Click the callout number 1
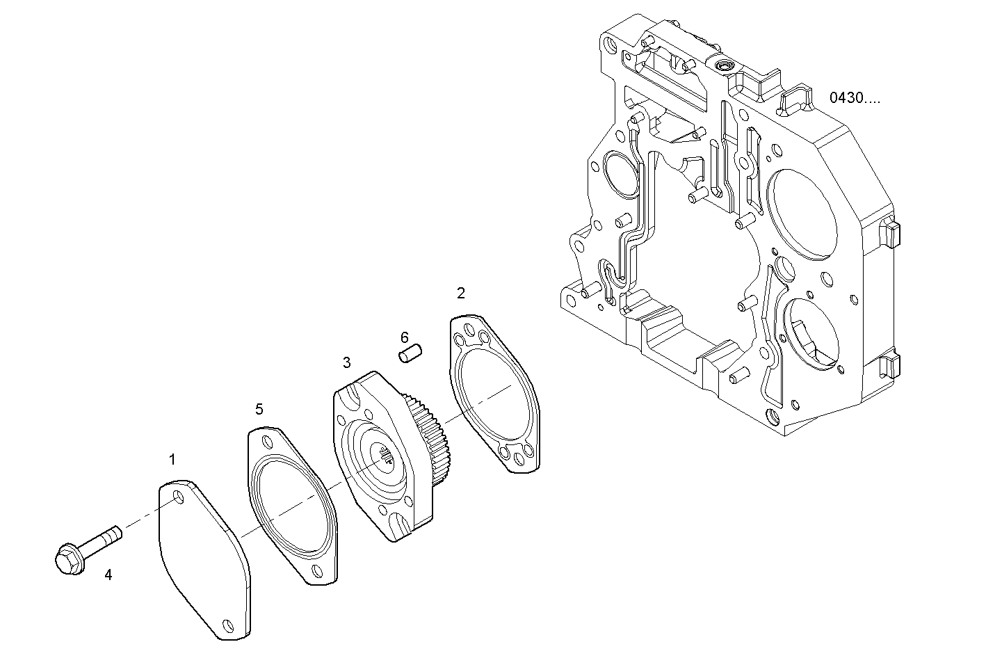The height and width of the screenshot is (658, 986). [172, 459]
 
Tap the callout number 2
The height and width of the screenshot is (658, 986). [460, 293]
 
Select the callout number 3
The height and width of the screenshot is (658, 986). [346, 362]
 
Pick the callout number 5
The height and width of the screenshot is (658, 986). [259, 408]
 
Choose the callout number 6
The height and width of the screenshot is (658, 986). [404, 338]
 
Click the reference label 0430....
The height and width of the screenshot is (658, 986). [854, 98]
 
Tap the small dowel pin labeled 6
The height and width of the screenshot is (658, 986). [410, 352]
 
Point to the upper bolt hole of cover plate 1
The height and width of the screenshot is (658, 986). [179, 497]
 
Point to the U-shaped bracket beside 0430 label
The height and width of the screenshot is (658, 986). [795, 100]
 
